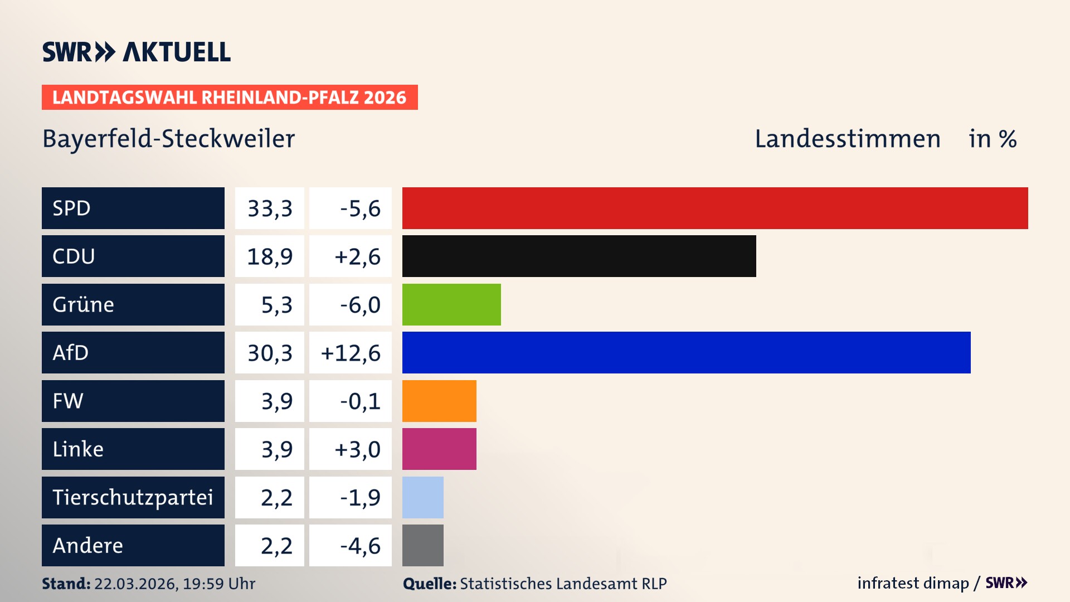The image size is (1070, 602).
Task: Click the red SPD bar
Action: [x=715, y=208]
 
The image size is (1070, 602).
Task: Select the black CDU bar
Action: [x=579, y=256]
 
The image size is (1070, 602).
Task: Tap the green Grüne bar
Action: [x=451, y=304]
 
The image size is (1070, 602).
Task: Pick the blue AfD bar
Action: [x=686, y=352]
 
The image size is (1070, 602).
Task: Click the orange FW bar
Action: [x=439, y=401]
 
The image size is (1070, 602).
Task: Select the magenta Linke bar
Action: [x=439, y=449]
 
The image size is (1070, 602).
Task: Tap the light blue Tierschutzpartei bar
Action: [x=422, y=497]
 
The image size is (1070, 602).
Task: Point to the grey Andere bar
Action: [x=422, y=545]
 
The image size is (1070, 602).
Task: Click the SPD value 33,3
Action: [x=270, y=208]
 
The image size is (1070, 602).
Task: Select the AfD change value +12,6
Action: [x=351, y=353]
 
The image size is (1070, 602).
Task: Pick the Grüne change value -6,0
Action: [x=360, y=305]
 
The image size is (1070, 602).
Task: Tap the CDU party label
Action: [x=74, y=256]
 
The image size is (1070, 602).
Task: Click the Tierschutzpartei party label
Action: [x=133, y=497]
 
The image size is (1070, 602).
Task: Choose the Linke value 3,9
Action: [x=276, y=449]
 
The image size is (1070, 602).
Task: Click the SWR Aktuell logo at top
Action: [x=137, y=52]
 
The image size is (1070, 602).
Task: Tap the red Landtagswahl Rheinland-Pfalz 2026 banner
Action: [x=230, y=98]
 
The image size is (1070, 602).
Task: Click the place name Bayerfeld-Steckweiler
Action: [x=168, y=139]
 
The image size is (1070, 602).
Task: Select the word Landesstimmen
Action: [x=847, y=139]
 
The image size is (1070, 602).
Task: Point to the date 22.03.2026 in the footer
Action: [x=135, y=584]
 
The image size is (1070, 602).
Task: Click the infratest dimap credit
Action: [x=913, y=583]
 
